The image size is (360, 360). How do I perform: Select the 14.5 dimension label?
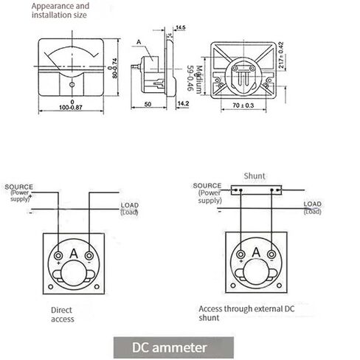click(x=180, y=27)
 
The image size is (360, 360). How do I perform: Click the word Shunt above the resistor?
click(x=256, y=178)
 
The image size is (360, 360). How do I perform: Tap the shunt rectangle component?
click(x=256, y=190)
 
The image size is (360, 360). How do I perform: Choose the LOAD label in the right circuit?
click(x=313, y=204)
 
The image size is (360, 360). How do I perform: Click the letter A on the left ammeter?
click(x=74, y=254)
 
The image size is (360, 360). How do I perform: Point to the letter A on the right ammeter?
click(x=255, y=254)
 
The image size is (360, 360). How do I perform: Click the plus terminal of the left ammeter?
click(x=58, y=255)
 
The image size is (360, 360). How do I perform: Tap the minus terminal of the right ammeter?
click(x=271, y=255)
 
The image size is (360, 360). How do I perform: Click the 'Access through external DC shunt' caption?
click(x=247, y=315)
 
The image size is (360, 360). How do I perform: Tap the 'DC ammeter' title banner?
click(x=173, y=347)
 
